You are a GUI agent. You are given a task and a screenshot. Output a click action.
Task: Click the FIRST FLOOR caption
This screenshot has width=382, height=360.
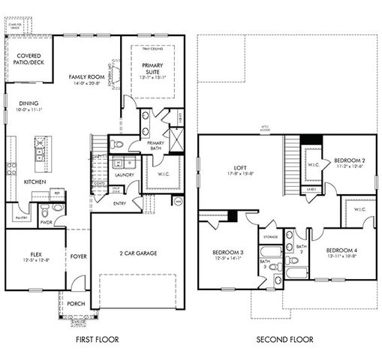point(98,340)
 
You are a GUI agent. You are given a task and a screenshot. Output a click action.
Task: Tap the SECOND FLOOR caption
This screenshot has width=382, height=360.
point(284,340)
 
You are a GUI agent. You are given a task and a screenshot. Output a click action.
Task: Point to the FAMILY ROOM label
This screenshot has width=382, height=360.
point(86,77)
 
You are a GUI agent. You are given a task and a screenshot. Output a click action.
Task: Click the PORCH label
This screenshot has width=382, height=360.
point(75,304)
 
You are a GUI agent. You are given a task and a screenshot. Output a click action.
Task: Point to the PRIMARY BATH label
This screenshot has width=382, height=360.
point(155,145)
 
